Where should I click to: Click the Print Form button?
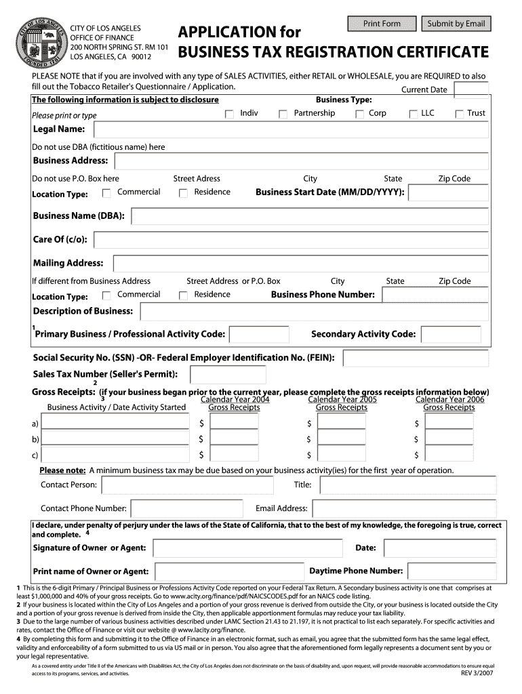point(382,24)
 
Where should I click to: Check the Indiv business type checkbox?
point(229,114)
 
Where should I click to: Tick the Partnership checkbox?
point(283,114)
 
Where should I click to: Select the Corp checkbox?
point(359,114)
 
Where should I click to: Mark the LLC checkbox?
point(414,114)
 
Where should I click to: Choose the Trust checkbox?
point(459,114)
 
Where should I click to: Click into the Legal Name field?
point(291,129)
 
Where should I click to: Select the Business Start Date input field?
point(449,193)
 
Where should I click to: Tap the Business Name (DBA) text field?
point(309,217)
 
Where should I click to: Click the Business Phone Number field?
point(434,295)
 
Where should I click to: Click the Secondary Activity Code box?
point(451,335)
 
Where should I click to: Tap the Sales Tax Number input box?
point(228,375)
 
